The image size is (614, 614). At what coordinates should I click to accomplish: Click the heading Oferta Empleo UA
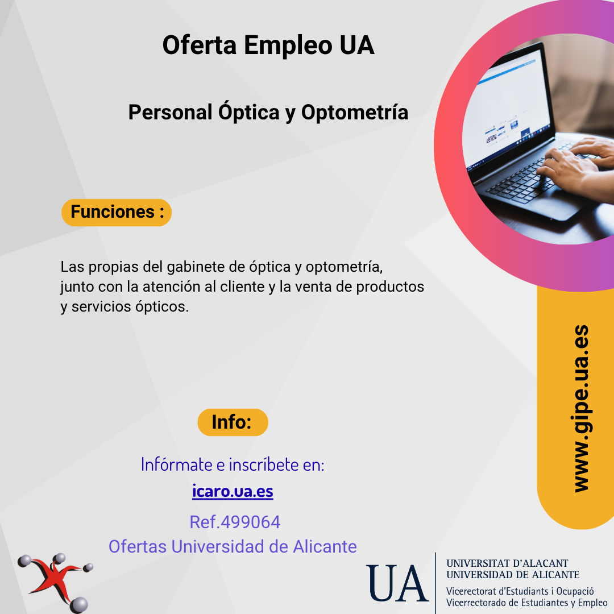tap(268, 45)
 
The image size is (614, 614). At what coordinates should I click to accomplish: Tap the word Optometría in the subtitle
tap(355, 113)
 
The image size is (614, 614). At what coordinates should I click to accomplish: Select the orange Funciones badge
tap(117, 212)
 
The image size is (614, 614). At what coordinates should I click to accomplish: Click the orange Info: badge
tap(233, 422)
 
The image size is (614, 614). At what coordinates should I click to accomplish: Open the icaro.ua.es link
tap(233, 491)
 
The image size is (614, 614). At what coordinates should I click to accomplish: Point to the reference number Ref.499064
tap(235, 522)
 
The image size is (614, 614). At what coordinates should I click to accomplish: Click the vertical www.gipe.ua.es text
tap(581, 408)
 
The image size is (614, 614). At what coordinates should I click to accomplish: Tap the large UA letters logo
tap(397, 583)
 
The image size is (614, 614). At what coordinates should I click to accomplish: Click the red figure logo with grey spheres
tap(55, 583)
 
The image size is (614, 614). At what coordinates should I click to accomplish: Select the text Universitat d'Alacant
tap(507, 563)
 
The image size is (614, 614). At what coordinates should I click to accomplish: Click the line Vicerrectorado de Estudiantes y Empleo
tap(526, 603)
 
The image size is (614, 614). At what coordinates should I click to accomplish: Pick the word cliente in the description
tap(242, 287)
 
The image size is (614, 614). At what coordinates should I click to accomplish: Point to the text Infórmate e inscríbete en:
tap(233, 464)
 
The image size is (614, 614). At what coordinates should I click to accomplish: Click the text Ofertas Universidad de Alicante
tap(233, 546)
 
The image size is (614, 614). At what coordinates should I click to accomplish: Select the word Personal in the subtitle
tap(171, 113)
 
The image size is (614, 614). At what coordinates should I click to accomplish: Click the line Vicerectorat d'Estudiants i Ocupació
tap(520, 591)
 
